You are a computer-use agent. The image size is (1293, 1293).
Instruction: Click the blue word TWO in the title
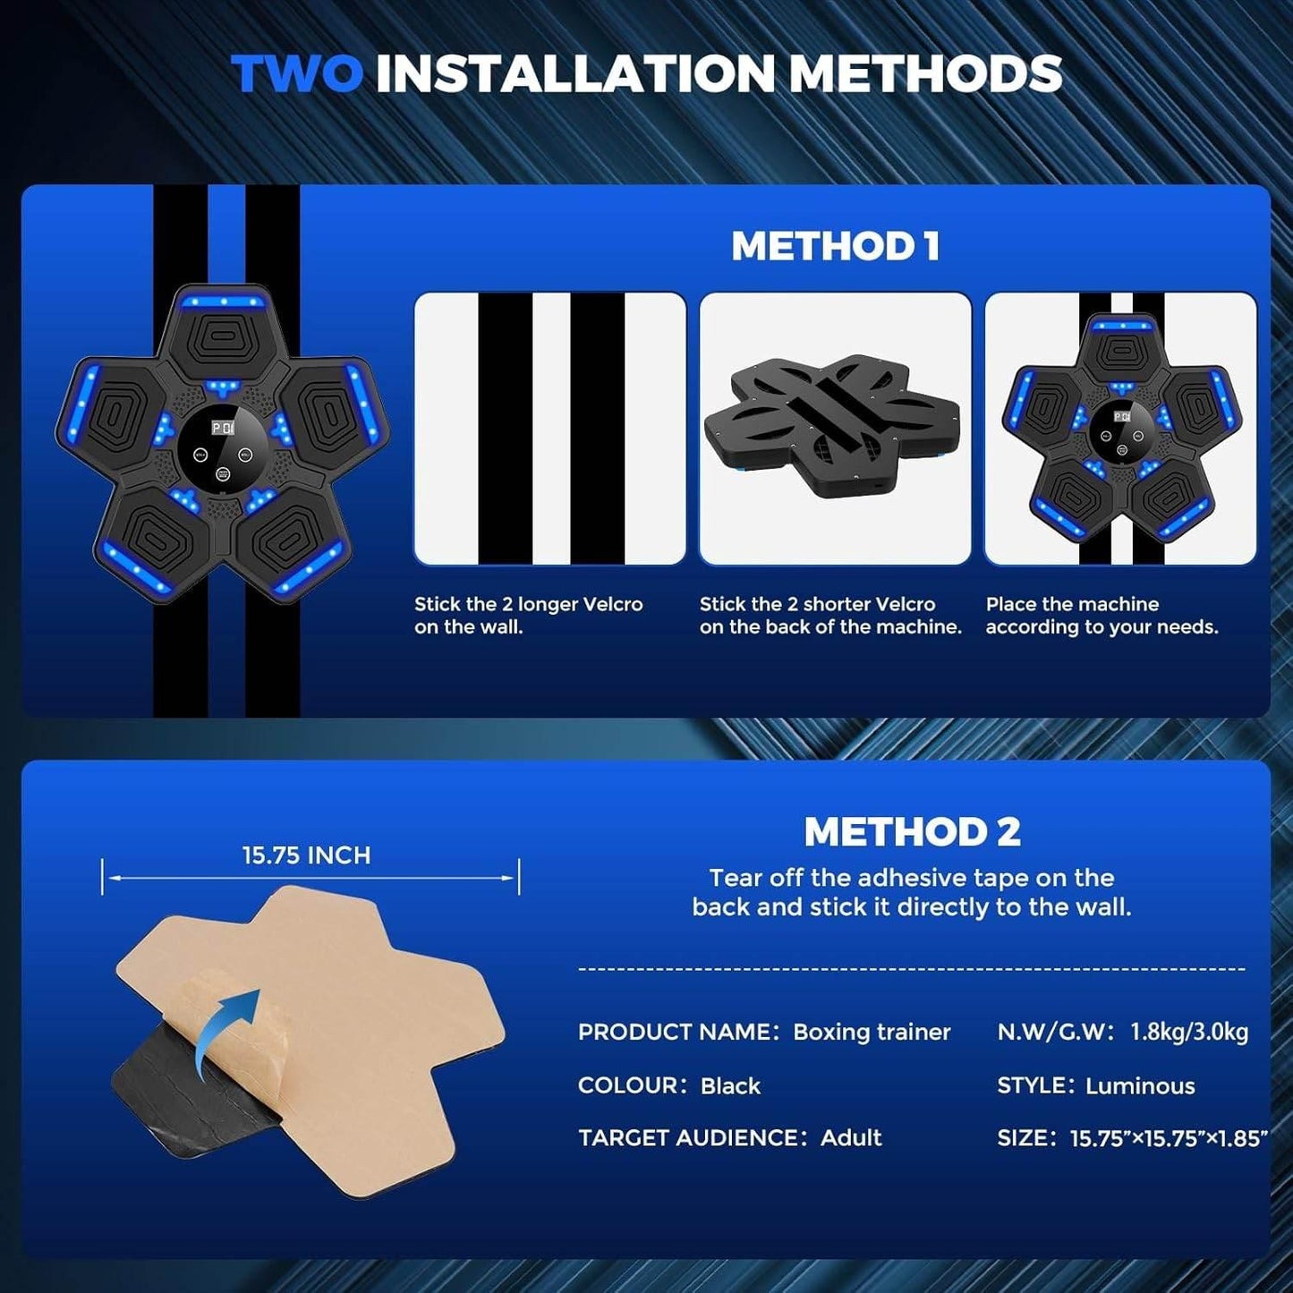click(297, 73)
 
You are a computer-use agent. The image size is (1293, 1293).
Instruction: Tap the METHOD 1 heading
click(835, 246)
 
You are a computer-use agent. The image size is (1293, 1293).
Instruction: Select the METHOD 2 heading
click(912, 832)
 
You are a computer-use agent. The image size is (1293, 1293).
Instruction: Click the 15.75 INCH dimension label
click(307, 855)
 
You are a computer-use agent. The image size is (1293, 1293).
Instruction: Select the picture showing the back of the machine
click(835, 428)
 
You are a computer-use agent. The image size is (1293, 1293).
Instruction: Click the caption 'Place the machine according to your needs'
click(1102, 616)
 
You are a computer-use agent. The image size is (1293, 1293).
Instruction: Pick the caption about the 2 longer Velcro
click(528, 616)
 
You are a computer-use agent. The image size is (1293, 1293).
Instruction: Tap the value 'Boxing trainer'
click(872, 1032)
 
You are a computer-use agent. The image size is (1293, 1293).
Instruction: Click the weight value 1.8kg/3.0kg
click(1189, 1032)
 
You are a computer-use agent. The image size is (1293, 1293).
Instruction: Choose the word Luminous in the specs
click(1140, 1085)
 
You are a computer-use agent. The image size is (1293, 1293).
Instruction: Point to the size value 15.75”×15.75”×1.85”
click(1169, 1139)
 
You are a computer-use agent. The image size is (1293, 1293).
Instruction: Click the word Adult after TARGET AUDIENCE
click(851, 1138)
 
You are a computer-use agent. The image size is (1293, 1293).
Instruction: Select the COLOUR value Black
click(731, 1085)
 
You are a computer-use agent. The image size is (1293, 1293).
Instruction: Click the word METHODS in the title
click(926, 73)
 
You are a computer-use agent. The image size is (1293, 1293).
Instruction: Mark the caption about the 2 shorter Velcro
click(830, 616)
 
